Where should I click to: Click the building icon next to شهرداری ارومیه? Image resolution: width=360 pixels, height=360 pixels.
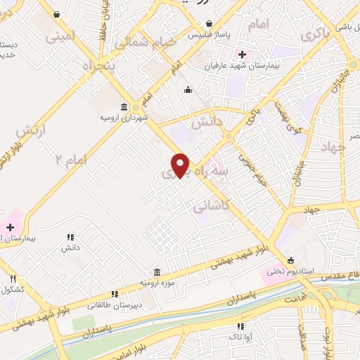[124, 107]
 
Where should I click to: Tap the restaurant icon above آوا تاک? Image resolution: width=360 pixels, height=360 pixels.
[240, 326]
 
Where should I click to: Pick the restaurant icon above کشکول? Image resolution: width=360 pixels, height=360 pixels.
[12, 278]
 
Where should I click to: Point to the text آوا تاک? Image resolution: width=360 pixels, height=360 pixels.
[240, 337]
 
